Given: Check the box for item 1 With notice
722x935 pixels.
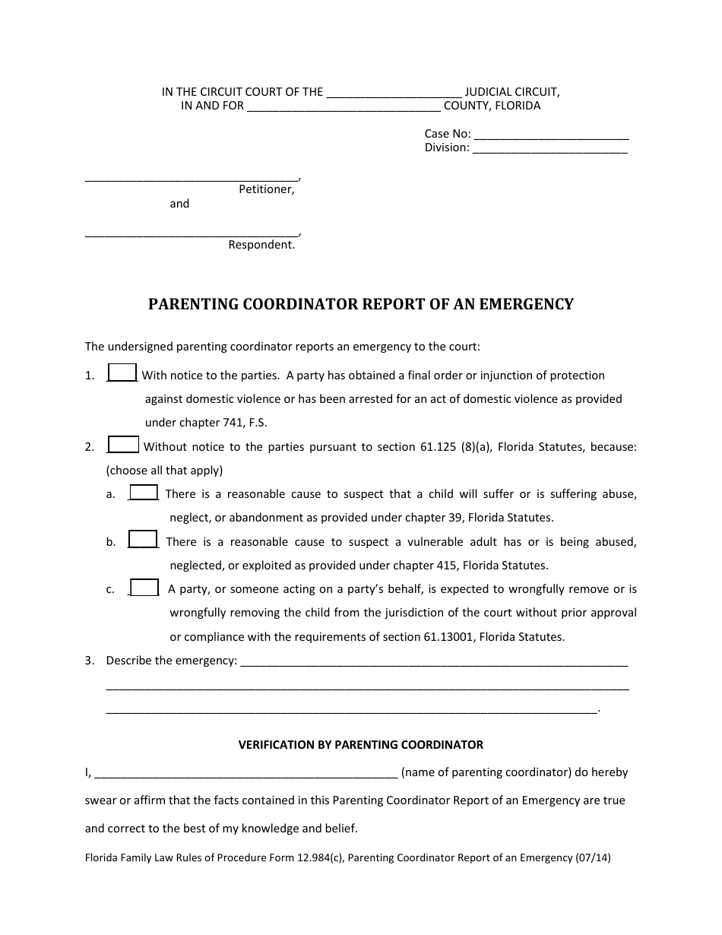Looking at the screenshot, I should [x=122, y=372].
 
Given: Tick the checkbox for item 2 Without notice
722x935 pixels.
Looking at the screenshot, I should [x=124, y=445].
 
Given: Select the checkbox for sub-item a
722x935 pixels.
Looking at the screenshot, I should [x=144, y=493].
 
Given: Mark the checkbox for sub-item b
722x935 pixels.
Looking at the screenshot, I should [x=143, y=540].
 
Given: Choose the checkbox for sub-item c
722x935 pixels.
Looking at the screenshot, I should [x=144, y=588].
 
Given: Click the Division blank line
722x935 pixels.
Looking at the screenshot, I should [x=550, y=149].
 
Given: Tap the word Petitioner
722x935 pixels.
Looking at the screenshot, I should [x=266, y=189].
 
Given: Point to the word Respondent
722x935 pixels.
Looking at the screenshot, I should [x=261, y=245].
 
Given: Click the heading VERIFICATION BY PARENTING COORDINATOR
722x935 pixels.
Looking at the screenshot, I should [x=361, y=745].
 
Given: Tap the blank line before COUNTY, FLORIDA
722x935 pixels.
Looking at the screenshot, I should [x=344, y=107].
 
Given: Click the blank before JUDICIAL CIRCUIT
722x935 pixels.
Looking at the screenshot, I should [x=394, y=93].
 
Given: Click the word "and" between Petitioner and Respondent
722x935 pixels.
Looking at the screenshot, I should [x=179, y=204].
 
